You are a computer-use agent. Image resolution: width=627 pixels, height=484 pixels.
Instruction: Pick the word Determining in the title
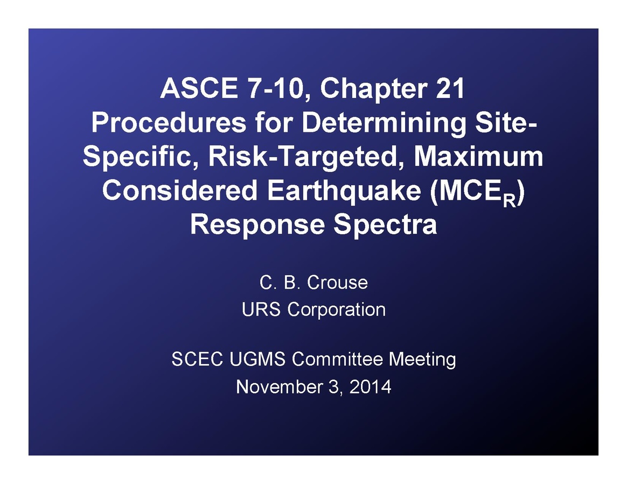point(384,123)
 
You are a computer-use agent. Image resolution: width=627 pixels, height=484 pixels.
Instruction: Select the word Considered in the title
point(180,190)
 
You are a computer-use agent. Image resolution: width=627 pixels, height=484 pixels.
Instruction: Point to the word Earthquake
point(344,191)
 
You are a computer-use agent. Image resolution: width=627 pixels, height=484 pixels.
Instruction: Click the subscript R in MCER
point(509,201)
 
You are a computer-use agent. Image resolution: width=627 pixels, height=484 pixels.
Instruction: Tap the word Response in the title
point(257,224)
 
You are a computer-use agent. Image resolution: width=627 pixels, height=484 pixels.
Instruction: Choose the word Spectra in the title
point(385,225)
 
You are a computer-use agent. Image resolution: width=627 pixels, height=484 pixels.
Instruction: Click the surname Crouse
point(337,283)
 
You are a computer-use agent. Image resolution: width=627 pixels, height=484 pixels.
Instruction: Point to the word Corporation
point(336,310)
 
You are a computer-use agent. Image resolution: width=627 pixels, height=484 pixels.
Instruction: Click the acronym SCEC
point(197,359)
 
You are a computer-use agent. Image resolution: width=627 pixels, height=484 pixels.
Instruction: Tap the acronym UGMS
point(257,359)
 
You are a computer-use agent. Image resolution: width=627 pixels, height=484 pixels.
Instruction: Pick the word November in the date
point(278,387)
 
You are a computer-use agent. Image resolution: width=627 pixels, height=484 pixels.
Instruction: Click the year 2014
point(370,387)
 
